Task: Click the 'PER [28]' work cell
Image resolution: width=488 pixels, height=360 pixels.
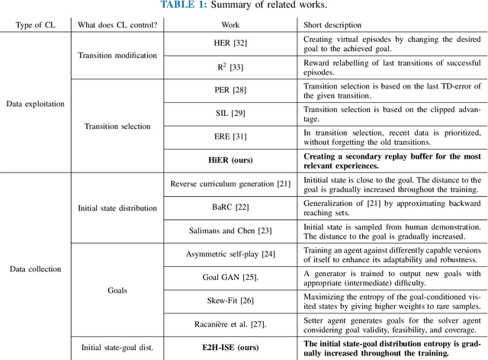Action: pyautogui.click(x=234, y=90)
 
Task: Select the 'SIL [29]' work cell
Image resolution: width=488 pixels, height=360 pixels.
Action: pyautogui.click(x=234, y=113)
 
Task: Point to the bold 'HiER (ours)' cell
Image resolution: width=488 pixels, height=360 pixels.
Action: pyautogui.click(x=234, y=160)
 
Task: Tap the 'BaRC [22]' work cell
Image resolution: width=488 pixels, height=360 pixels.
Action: pyautogui.click(x=234, y=207)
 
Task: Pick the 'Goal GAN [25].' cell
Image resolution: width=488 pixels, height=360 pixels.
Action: pyautogui.click(x=234, y=278)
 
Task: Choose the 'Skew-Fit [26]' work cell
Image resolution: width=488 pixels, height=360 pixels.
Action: pyautogui.click(x=234, y=301)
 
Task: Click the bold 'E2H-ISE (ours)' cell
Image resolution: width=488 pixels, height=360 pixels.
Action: pyautogui.click(x=234, y=348)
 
